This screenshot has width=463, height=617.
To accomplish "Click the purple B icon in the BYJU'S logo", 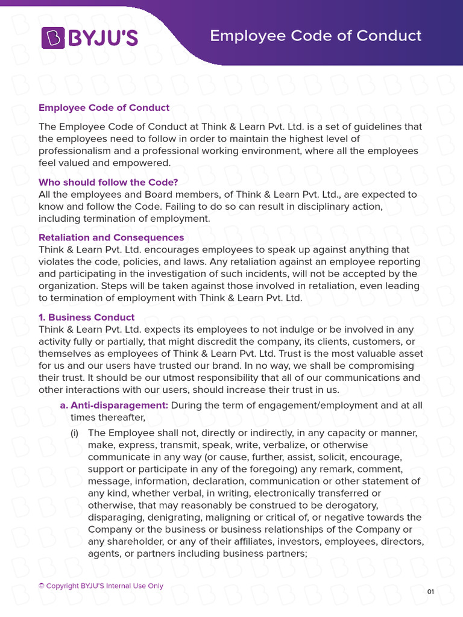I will [52, 37].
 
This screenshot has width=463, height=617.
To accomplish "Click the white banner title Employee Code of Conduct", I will [315, 36].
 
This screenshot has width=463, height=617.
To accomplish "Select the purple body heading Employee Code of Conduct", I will [104, 108].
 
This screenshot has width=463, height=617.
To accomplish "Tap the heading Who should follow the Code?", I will [109, 182].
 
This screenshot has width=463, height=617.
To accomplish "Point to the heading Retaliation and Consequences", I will [111, 237].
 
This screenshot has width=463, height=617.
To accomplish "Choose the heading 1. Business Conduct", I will [87, 317].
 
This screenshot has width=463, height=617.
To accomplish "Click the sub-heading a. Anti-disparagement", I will [114, 405].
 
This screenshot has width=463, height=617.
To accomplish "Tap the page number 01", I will [430, 592].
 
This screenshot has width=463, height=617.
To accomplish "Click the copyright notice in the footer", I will [101, 586].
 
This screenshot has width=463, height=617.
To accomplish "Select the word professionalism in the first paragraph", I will [76, 151].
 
